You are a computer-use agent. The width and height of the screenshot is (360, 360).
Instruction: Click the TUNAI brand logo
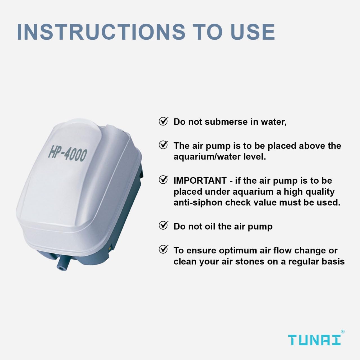click(314, 340)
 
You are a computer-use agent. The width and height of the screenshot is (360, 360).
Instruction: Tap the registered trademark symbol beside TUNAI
click(343, 332)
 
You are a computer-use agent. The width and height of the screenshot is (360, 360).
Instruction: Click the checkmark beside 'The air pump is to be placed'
click(163, 145)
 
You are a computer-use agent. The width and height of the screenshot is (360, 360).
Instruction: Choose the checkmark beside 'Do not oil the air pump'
click(163, 226)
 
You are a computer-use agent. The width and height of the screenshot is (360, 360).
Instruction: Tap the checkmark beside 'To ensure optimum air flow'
click(163, 249)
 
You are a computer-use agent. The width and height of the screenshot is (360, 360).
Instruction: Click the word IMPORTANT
click(200, 181)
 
